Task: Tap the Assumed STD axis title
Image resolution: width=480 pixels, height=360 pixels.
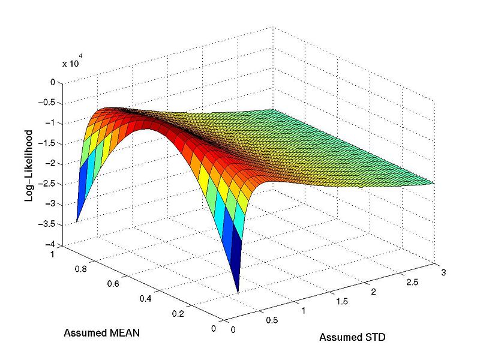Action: click(x=352, y=337)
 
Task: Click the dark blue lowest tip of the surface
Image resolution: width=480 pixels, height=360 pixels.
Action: click(x=238, y=292)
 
